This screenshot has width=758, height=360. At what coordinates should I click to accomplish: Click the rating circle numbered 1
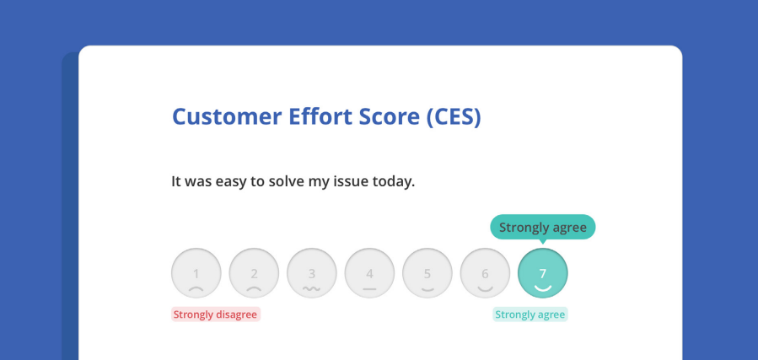196,273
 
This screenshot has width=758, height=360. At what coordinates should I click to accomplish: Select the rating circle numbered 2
254,273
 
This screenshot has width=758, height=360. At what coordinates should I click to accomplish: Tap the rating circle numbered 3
312,273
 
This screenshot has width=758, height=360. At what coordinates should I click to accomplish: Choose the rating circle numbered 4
369,273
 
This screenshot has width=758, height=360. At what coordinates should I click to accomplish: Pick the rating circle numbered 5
427,273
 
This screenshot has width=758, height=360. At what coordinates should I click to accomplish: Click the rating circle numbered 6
485,273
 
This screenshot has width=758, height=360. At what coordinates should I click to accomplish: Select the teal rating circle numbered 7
543,273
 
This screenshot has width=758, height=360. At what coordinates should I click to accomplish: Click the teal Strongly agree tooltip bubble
543,227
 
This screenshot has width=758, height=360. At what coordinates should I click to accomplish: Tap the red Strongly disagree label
216,314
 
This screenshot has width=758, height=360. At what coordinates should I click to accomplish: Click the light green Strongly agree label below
530,314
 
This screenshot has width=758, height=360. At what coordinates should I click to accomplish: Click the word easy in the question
233,182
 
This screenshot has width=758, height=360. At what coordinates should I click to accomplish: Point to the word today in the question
394,182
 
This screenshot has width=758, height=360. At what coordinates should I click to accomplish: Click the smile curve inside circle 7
543,288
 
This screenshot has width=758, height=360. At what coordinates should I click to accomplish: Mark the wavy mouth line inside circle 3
312,289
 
